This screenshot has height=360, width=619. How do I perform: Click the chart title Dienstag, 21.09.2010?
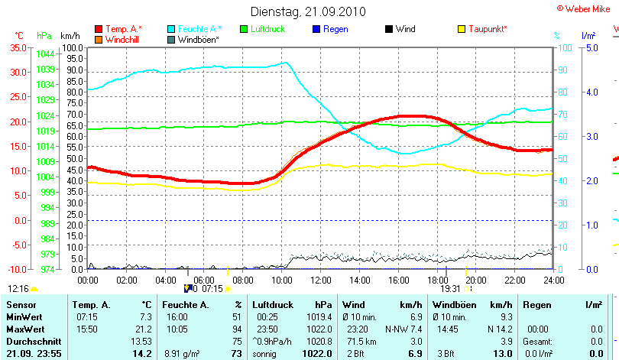pos(309,11)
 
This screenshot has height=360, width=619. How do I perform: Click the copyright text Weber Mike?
pos(589,8)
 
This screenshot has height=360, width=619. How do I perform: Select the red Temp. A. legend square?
pos(99,29)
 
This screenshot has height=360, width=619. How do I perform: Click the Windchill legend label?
pos(122,39)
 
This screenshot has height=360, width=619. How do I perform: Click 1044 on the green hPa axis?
pos(44,54)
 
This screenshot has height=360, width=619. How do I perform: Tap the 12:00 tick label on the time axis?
pos(321,280)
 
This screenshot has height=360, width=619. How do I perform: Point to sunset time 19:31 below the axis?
pos(451,289)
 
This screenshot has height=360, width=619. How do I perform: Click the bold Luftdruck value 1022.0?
pos(316,353)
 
